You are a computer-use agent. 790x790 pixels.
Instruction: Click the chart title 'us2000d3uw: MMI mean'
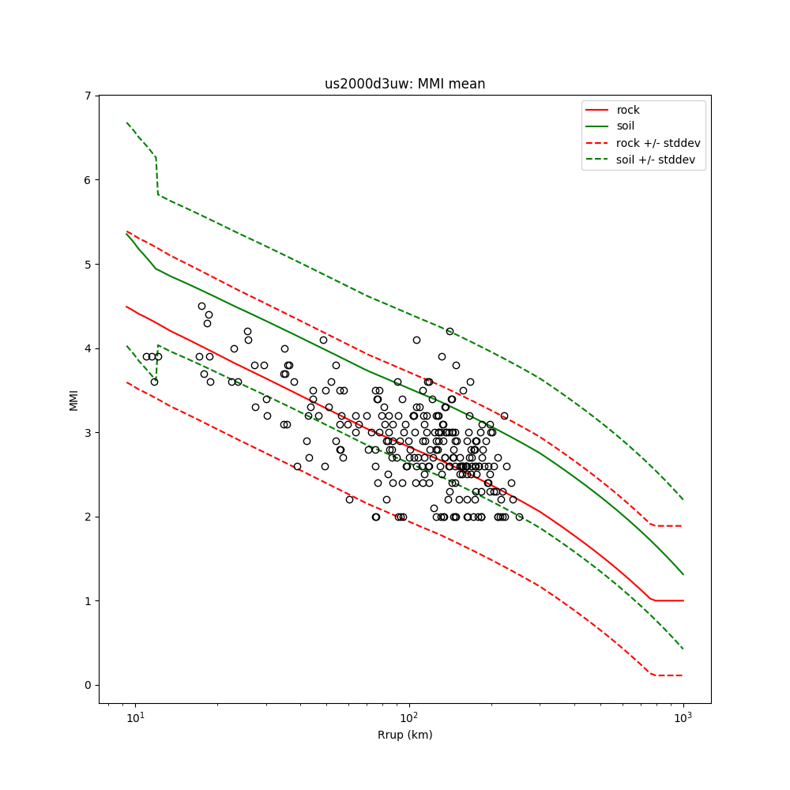coord(404,84)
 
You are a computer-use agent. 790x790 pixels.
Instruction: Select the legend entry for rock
coord(628,110)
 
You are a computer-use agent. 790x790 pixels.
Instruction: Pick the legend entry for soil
coord(626,126)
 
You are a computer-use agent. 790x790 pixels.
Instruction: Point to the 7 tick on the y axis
coord(88,96)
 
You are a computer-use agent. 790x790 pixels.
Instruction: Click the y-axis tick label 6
coord(88,180)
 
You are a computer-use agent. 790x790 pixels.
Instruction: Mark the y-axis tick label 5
coord(88,264)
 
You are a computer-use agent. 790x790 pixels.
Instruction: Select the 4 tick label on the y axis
coord(88,348)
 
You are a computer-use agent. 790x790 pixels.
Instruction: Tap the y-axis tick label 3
coord(88,433)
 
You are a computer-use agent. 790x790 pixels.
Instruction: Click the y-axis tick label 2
coord(88,517)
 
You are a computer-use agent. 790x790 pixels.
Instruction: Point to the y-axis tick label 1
coord(88,601)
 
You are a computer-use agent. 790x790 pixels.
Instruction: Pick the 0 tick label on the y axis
coord(88,685)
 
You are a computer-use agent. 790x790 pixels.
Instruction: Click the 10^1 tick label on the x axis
coord(136,717)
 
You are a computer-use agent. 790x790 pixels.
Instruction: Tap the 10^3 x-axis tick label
coord(683,717)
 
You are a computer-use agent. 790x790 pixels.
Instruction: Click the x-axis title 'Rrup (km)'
coord(404,735)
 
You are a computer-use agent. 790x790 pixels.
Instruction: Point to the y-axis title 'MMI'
coord(73,399)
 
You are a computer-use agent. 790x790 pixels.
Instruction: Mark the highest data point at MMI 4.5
coord(201,306)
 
